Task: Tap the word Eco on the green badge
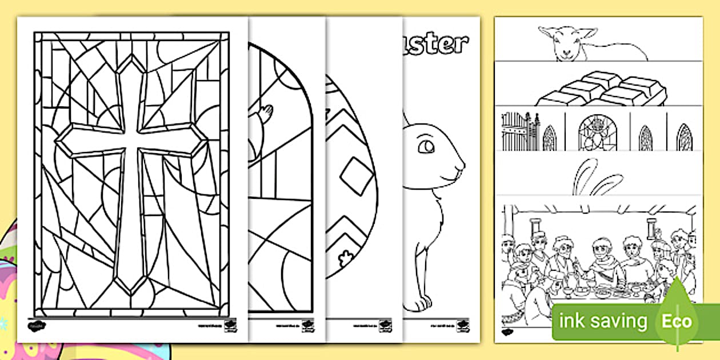[676, 321]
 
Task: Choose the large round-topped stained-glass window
[598, 133]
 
